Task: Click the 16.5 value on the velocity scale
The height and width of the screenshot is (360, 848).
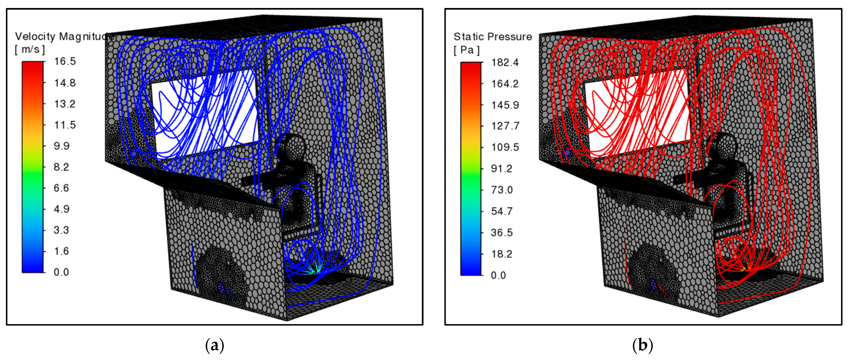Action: coord(65,61)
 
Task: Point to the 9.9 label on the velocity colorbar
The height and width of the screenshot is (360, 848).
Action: coord(61,146)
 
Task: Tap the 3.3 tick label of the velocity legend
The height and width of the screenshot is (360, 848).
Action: coord(61,230)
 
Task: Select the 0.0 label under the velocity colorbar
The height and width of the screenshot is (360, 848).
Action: coord(61,272)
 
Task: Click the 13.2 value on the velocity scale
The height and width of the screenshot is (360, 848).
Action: coord(65,104)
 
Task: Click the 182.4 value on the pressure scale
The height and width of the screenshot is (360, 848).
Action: coord(505,62)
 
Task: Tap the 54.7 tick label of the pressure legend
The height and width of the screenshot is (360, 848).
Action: coord(502,211)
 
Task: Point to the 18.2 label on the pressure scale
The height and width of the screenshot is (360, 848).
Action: coord(502,254)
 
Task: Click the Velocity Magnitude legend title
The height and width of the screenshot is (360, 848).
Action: coord(62,36)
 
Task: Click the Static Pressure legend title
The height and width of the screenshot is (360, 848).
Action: coord(493,36)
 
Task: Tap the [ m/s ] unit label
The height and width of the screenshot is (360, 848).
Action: coord(30,49)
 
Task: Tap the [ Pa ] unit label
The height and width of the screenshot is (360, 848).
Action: coord(467,50)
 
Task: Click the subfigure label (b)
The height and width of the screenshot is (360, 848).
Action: coord(642,345)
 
